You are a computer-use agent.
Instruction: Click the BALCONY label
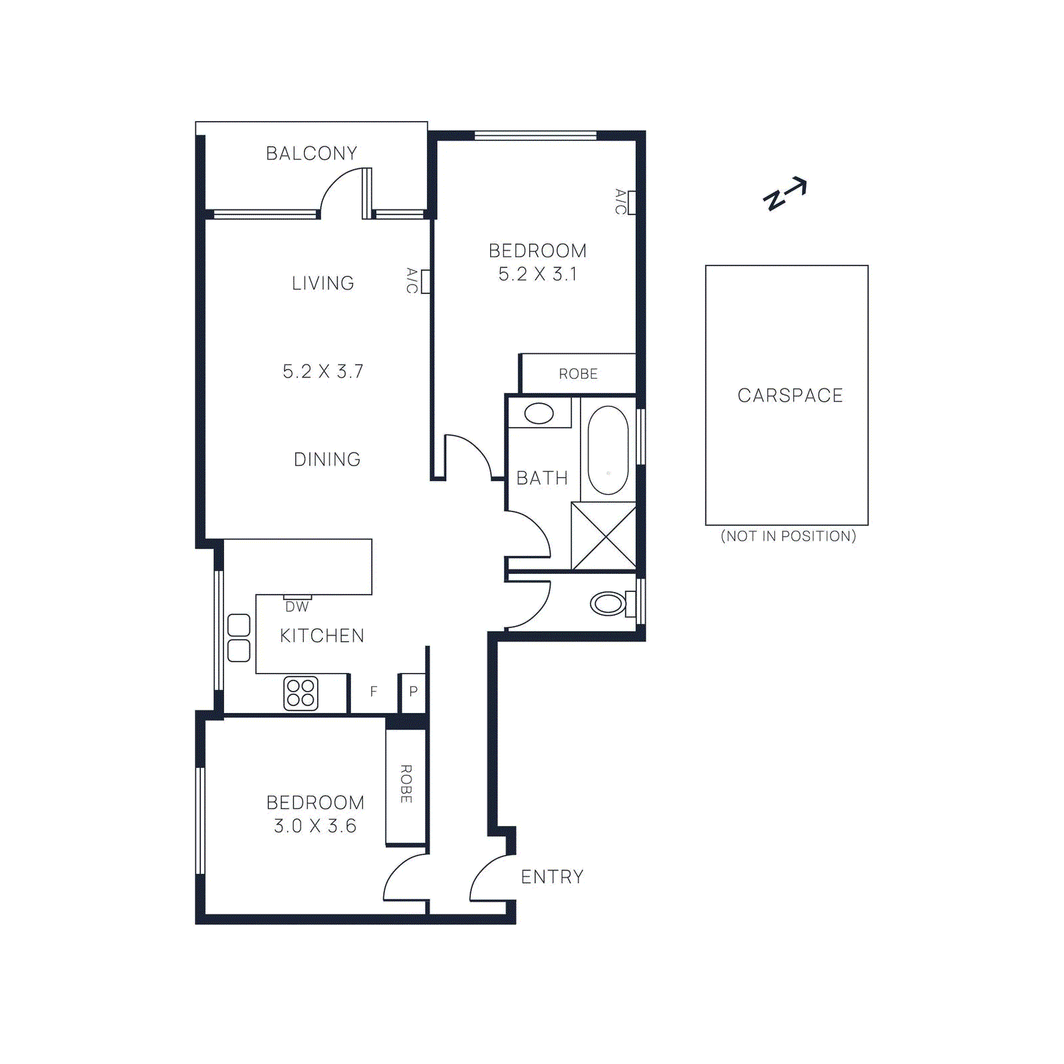tap(311, 154)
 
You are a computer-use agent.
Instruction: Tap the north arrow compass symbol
tap(785, 194)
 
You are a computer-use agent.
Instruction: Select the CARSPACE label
tap(790, 396)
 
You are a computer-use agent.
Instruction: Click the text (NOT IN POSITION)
tap(788, 536)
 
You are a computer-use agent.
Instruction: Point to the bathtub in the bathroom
tap(608, 450)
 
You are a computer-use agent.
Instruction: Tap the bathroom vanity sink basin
tap(539, 413)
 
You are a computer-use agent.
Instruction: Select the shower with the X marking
tap(603, 537)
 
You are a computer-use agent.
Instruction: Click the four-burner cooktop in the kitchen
tap(301, 693)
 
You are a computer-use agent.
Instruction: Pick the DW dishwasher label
tap(297, 606)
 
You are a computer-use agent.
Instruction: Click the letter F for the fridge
tap(374, 692)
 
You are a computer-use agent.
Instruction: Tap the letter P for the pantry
tap(413, 692)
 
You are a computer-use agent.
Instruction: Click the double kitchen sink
tap(239, 638)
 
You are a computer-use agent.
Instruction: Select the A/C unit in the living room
tap(425, 281)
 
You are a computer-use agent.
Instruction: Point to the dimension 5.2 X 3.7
tap(323, 372)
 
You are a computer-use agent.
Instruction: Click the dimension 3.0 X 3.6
tap(315, 826)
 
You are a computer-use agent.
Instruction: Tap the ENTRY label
tap(552, 877)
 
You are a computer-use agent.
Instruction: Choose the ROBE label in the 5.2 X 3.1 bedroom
tap(578, 374)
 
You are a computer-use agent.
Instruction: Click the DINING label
tap(327, 460)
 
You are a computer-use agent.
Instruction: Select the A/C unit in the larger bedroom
tap(631, 202)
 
